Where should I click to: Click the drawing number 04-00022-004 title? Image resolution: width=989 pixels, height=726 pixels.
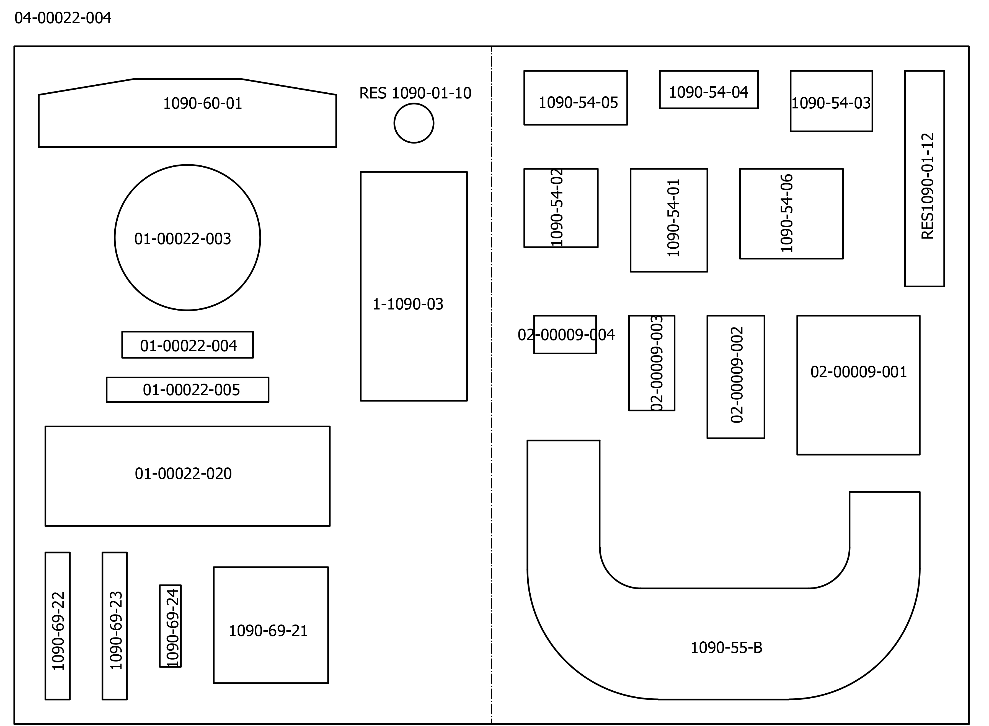pos(63,18)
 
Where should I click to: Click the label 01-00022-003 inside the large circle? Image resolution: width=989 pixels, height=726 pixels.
pos(182,239)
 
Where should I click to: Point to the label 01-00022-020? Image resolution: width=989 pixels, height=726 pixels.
pos(183,474)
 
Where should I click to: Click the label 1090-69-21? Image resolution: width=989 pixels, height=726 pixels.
pos(268,631)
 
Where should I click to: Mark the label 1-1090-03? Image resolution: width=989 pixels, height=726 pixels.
pos(408,304)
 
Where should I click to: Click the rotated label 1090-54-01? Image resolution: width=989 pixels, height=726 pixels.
pos(673,218)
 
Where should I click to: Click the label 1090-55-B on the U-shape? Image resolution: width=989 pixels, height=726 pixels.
pos(727,648)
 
